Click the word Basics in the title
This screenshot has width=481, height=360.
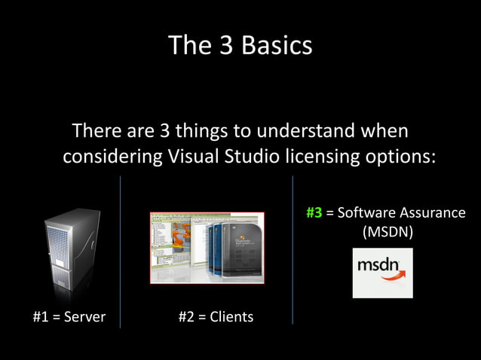277,46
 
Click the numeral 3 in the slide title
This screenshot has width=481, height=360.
225,46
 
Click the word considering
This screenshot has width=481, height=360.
110,158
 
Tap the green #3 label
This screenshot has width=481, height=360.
314,212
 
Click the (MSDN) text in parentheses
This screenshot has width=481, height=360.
388,232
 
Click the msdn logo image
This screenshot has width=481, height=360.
382,273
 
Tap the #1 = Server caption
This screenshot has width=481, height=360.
69,317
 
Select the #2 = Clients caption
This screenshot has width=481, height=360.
216,317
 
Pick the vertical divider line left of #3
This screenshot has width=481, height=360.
293,249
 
